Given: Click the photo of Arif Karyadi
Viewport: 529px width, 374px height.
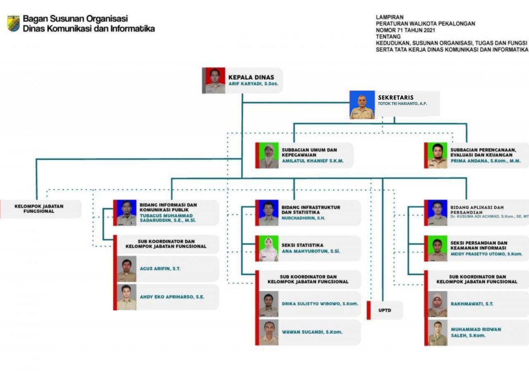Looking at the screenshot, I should click(x=215, y=80).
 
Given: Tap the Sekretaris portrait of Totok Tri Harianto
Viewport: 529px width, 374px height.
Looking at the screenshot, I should click(x=362, y=105).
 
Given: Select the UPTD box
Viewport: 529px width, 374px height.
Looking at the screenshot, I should click(x=385, y=310).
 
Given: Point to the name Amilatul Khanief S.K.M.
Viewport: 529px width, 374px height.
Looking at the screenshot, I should click(x=312, y=161).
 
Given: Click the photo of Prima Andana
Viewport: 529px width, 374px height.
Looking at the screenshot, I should click(x=437, y=156).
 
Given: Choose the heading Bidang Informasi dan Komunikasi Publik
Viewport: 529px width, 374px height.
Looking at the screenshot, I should click(x=168, y=207).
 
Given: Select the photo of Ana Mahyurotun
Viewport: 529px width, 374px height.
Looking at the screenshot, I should click(x=268, y=249).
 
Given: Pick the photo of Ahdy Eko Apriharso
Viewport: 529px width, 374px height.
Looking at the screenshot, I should click(x=126, y=297).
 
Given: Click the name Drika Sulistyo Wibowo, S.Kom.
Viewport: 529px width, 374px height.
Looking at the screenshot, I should click(x=320, y=304).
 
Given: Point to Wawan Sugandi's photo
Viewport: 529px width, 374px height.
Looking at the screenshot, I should click(x=269, y=332).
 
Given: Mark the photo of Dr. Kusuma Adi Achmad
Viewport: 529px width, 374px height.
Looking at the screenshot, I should click(x=437, y=213).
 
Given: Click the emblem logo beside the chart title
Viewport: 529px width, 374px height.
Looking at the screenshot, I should click(x=13, y=24).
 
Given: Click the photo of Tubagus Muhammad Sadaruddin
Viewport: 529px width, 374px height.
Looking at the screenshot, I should click(x=126, y=213).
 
